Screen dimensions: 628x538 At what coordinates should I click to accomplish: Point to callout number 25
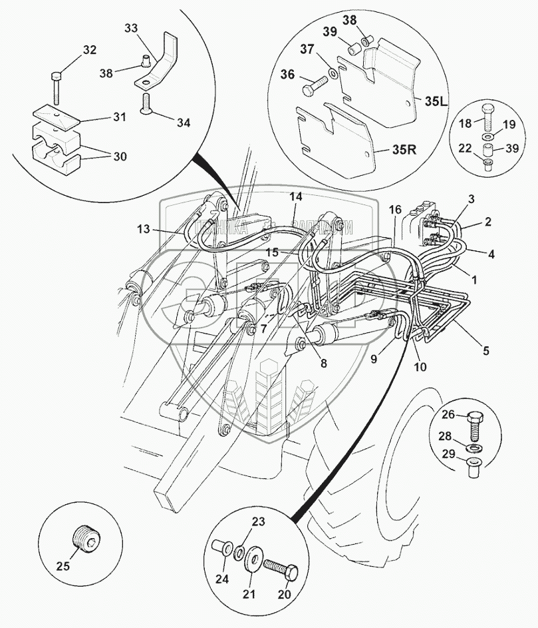pyautogui.click(x=62, y=567)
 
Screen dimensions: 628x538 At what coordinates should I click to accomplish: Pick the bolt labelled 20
pyautogui.click(x=279, y=569)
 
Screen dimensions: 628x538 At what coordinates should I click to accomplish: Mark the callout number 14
pyautogui.click(x=295, y=196)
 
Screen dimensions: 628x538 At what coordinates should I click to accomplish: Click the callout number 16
pyautogui.click(x=395, y=210)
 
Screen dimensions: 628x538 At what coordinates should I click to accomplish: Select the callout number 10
pyautogui.click(x=421, y=366)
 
